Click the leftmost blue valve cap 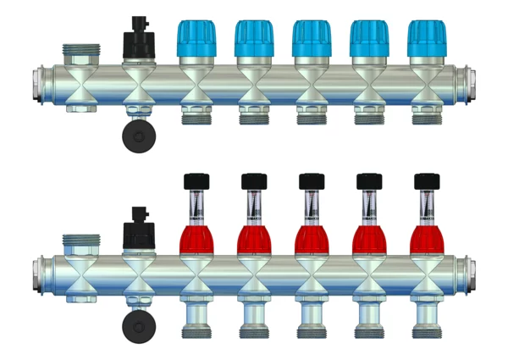[x=196, y=39]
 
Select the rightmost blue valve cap [x=426, y=39]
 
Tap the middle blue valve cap [x=312, y=39]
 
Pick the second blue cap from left [x=254, y=39]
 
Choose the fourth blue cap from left [x=369, y=39]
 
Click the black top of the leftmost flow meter [x=196, y=180]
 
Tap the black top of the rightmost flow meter [x=426, y=180]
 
